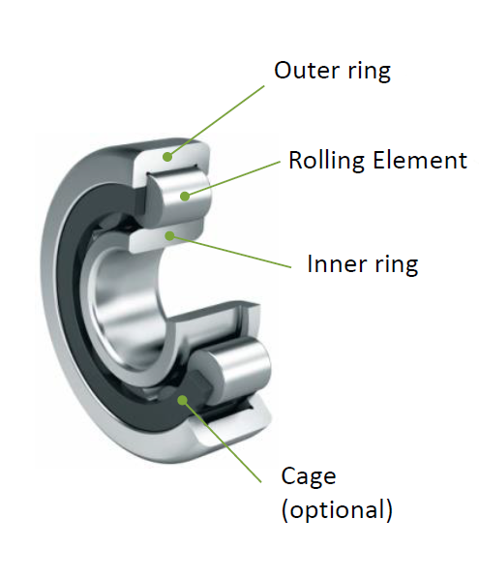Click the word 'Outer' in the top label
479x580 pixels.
click(x=307, y=70)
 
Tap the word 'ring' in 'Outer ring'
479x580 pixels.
click(x=370, y=72)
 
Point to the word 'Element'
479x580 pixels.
click(x=420, y=160)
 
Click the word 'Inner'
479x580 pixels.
click(x=336, y=263)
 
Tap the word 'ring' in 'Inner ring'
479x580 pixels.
click(x=397, y=265)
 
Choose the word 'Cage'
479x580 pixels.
click(x=309, y=477)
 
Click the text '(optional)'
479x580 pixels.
click(x=337, y=510)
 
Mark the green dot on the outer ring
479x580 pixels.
click(x=167, y=157)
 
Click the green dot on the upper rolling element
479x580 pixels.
click(x=185, y=196)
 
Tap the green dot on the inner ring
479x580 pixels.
click(x=169, y=235)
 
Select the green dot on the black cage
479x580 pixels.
click(x=182, y=400)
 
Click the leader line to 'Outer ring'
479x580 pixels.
click(x=217, y=121)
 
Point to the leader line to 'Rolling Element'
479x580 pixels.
click(x=232, y=179)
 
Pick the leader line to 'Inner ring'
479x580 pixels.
click(x=230, y=251)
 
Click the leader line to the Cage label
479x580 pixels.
click(x=222, y=441)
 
